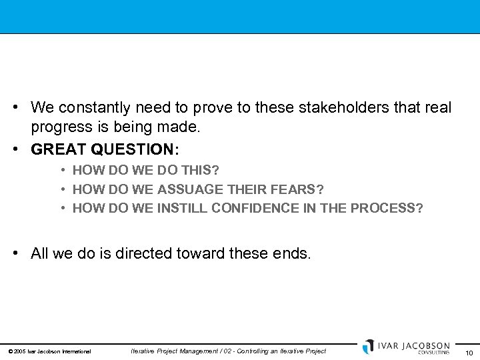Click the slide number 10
[x=469, y=353]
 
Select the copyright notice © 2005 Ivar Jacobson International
[x=49, y=351]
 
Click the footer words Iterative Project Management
[x=175, y=351]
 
